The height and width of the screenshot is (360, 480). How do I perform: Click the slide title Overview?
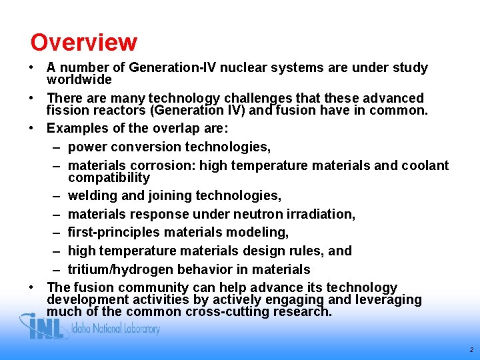coord(83,43)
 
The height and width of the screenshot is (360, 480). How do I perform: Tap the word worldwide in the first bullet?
coord(79,79)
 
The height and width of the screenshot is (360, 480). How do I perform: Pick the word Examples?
coord(75,128)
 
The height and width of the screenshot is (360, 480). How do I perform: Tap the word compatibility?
coord(109,178)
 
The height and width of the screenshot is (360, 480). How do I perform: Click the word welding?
coord(91,196)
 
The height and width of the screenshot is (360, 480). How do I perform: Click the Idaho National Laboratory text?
coord(117,329)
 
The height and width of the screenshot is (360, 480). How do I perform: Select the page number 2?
coord(471,349)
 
